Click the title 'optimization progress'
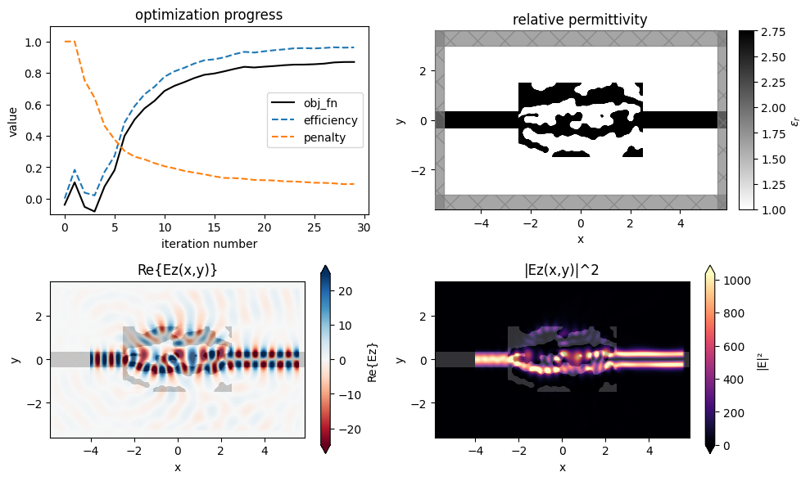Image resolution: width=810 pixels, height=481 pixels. (208, 15)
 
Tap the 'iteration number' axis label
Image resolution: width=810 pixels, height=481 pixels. (208, 243)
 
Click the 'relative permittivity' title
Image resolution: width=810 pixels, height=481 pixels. (581, 19)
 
